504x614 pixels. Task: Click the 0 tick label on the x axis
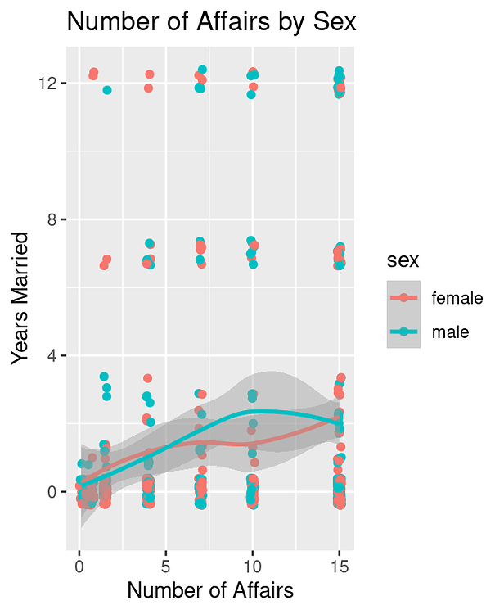point(79,567)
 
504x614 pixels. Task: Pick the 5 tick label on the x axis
point(166,567)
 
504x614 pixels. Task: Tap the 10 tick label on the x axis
point(253,567)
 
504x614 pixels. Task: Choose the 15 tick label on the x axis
point(340,567)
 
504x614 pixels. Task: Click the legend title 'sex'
point(403,261)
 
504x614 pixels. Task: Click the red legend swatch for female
point(403,299)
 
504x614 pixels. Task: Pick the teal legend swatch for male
point(403,332)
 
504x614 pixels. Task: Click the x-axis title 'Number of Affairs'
point(209,590)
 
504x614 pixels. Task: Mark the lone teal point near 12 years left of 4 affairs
point(107,90)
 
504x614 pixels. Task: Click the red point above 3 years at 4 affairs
point(147,378)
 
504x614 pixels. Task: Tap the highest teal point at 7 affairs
point(202,70)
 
